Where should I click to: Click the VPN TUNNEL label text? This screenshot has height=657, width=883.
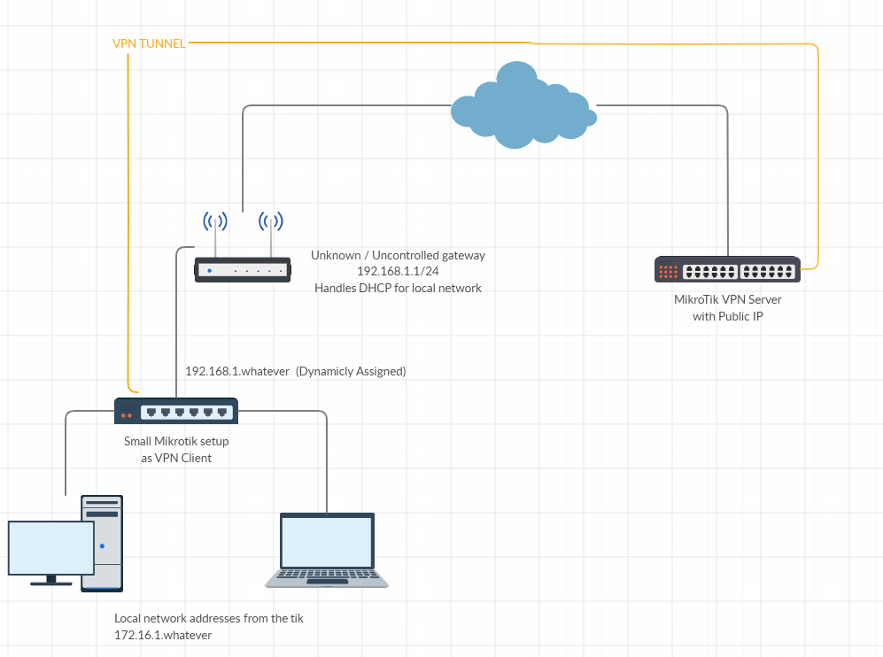pyautogui.click(x=149, y=43)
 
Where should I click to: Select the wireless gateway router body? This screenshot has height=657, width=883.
pyautogui.click(x=243, y=269)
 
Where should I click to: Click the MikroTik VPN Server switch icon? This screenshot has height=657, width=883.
pyautogui.click(x=727, y=269)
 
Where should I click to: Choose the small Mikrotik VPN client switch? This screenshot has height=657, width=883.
pyautogui.click(x=176, y=411)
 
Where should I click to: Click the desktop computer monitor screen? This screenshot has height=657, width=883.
pyautogui.click(x=51, y=548)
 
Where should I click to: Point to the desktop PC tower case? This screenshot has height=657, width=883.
pyautogui.click(x=103, y=543)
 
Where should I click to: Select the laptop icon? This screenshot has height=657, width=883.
pyautogui.click(x=327, y=550)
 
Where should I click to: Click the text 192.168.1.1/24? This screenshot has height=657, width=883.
pyautogui.click(x=398, y=272)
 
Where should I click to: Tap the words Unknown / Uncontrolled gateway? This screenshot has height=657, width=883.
pyautogui.click(x=398, y=255)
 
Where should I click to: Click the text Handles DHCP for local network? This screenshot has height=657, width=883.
pyautogui.click(x=398, y=288)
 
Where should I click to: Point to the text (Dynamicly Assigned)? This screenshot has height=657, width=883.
pyautogui.click(x=351, y=372)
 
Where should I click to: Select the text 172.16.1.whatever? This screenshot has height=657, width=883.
pyautogui.click(x=163, y=635)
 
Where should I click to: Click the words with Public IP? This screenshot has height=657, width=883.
pyautogui.click(x=727, y=316)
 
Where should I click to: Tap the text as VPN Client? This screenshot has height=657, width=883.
pyautogui.click(x=176, y=458)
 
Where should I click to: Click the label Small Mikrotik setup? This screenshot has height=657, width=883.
pyautogui.click(x=176, y=441)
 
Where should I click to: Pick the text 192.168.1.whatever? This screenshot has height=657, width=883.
pyautogui.click(x=237, y=372)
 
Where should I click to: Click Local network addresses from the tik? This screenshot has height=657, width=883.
pyautogui.click(x=209, y=618)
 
